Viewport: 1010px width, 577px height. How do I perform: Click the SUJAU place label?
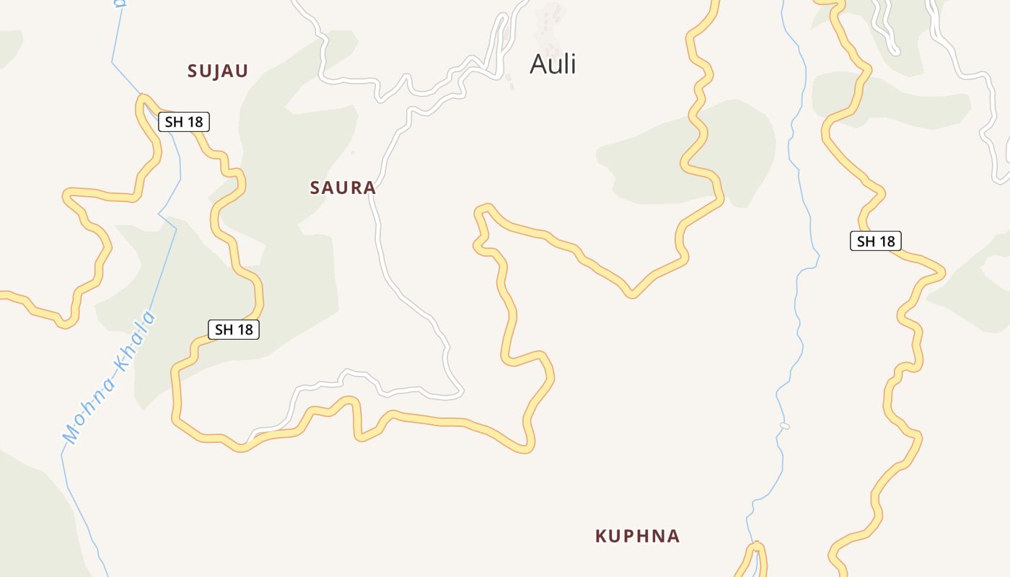(218, 71)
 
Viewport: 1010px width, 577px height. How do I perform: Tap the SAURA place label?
(343, 188)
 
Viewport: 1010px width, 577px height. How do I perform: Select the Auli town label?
(553, 64)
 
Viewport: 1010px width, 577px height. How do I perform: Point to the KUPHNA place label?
(637, 536)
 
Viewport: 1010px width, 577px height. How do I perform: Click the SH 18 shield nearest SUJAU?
(184, 122)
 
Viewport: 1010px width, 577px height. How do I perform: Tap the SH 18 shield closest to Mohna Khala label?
(234, 330)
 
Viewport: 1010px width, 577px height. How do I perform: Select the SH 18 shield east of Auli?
(876, 241)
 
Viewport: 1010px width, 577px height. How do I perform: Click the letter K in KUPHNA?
(601, 536)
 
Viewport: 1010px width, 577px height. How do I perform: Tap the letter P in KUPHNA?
(633, 536)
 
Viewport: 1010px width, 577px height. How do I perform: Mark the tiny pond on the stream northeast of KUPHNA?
(785, 426)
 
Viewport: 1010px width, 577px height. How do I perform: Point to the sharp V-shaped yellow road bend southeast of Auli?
(631, 294)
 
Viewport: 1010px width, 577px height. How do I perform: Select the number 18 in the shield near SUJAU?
(194, 122)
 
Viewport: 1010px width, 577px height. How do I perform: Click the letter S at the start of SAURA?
(315, 188)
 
